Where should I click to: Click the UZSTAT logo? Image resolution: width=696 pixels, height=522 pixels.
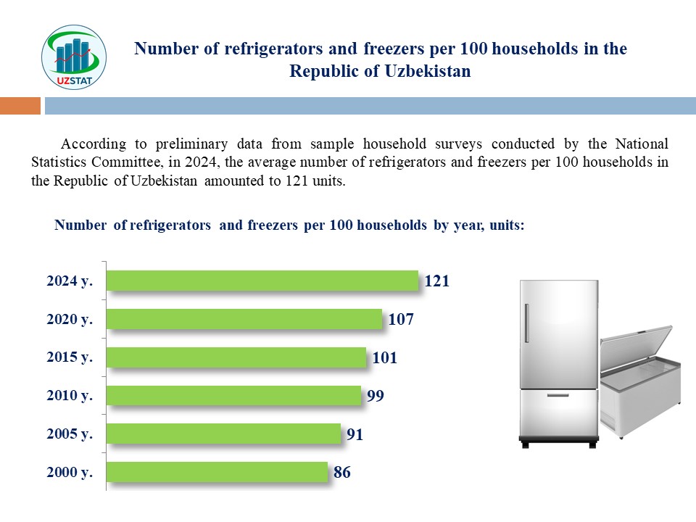pos(75,57)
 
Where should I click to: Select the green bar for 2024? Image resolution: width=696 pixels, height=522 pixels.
pos(262,281)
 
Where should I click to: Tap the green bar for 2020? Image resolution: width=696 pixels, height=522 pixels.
pos(244,319)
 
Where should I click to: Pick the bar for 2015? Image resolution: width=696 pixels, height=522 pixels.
pos(236,357)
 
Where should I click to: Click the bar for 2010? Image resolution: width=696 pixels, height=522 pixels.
pos(233,395)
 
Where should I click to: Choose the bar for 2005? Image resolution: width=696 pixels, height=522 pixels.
pos(223,434)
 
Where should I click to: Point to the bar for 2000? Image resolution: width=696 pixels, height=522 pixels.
pos(217,472)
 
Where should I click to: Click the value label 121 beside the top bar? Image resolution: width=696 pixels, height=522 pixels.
pos(437,281)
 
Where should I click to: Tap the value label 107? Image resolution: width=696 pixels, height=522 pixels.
pos(401,319)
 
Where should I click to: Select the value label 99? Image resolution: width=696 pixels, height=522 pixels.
pos(375,396)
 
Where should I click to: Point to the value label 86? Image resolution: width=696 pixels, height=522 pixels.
pos(342,473)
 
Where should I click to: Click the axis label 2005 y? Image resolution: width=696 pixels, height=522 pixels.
pos(70,434)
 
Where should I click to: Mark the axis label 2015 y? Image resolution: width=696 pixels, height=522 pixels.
pos(70,357)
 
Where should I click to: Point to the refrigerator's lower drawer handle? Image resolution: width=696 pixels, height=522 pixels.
pos(558,395)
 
